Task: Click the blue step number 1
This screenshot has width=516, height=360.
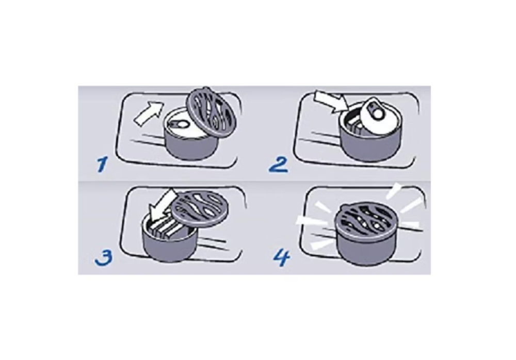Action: point(102,164)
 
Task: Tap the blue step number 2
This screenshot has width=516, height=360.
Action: point(279,165)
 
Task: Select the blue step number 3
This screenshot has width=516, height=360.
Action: point(103,257)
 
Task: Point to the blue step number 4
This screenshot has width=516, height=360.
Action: point(282,257)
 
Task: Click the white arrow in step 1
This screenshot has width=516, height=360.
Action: point(148,113)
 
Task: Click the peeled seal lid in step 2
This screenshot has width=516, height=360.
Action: point(378,117)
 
